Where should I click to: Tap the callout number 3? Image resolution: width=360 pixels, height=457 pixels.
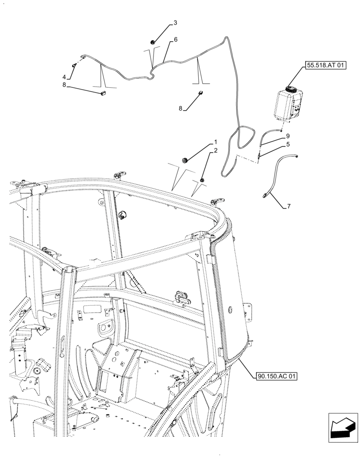click(175, 23)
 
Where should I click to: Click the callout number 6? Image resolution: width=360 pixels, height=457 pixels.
click(175, 40)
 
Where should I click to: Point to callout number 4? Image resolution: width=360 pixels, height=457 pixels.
click(64, 77)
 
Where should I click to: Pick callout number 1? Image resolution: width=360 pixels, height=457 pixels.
click(216, 142)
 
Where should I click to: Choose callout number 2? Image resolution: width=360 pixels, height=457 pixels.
click(216, 150)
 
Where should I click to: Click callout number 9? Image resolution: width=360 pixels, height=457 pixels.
click(288, 136)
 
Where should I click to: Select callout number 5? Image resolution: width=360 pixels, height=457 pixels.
click(288, 144)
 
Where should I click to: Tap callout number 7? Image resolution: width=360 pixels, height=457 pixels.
click(288, 207)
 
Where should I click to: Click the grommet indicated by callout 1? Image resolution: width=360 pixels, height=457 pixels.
click(185, 159)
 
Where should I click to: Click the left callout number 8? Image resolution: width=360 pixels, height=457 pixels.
click(64, 85)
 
